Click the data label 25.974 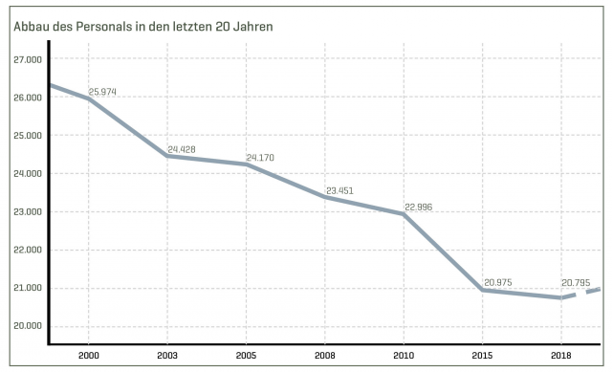click(101, 92)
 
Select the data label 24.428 click(182, 150)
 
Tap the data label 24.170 click(260, 157)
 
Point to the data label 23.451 click(339, 190)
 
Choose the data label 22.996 click(419, 207)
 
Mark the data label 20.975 click(498, 281)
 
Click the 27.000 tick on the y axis click(29, 59)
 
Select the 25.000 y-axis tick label click(29, 136)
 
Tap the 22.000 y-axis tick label click(29, 251)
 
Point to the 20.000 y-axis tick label click(29, 326)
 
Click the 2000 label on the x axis click(88, 355)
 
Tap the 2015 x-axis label click(482, 355)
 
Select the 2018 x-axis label click(560, 355)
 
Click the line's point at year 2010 click(404, 214)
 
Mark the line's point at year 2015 click(482, 290)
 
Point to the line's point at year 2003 click(167, 156)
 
